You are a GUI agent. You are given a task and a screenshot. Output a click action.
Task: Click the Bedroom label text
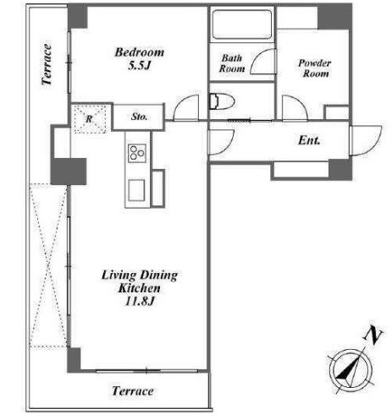pos(140,52)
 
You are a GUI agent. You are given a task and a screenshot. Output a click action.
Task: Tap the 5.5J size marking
pos(140,66)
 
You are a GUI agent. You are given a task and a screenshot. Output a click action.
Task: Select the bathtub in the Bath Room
pos(242,25)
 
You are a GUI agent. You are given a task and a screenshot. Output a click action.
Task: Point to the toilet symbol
pos(222,101)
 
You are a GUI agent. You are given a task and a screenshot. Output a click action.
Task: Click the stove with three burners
pos(137,153)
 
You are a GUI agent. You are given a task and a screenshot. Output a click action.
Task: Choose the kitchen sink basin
pos(136,190)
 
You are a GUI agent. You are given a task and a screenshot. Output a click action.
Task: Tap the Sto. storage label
pos(139,117)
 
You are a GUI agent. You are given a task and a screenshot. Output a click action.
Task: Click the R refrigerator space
pos(89,118)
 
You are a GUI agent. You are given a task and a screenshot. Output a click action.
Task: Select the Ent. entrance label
pos(309,140)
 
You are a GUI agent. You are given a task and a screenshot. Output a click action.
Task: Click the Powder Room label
pos(315,68)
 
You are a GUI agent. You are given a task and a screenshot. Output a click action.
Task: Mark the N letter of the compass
pos(373,335)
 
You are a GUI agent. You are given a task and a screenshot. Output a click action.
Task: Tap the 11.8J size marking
pos(140,302)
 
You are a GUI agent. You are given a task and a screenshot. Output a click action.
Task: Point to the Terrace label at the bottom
pos(133,391)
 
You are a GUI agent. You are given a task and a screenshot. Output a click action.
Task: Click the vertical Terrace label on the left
pos(47,64)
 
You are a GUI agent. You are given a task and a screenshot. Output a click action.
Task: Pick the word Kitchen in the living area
pos(139,288)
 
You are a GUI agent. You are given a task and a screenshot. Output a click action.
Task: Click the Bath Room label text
pos(232,63)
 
